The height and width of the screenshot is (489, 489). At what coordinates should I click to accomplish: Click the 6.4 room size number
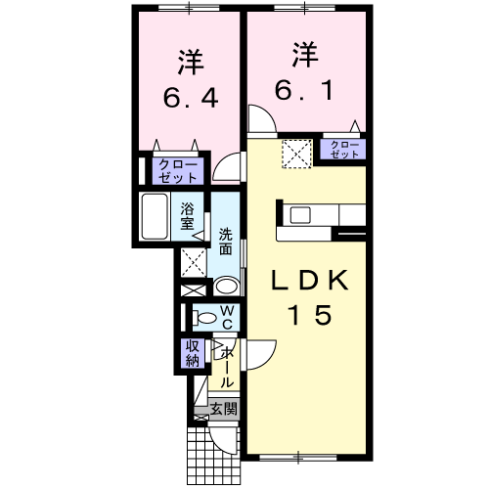click(x=190, y=99)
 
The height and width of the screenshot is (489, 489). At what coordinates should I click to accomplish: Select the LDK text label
click(x=309, y=280)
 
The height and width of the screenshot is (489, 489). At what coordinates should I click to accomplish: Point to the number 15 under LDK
click(x=309, y=315)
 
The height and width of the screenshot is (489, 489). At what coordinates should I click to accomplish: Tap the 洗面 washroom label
click(x=225, y=241)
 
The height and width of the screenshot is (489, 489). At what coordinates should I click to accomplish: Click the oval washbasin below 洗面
click(x=225, y=287)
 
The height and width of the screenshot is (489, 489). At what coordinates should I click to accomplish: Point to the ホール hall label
click(x=226, y=367)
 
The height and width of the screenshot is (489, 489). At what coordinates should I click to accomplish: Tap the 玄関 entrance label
click(x=223, y=409)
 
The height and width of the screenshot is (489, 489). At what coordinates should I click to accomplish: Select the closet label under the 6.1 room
click(x=342, y=150)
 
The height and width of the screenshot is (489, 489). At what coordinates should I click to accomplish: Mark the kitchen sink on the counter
click(x=300, y=215)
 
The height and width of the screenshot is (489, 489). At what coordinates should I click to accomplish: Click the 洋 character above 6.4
click(x=189, y=61)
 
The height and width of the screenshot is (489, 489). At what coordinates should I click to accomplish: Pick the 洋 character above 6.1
click(x=303, y=51)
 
